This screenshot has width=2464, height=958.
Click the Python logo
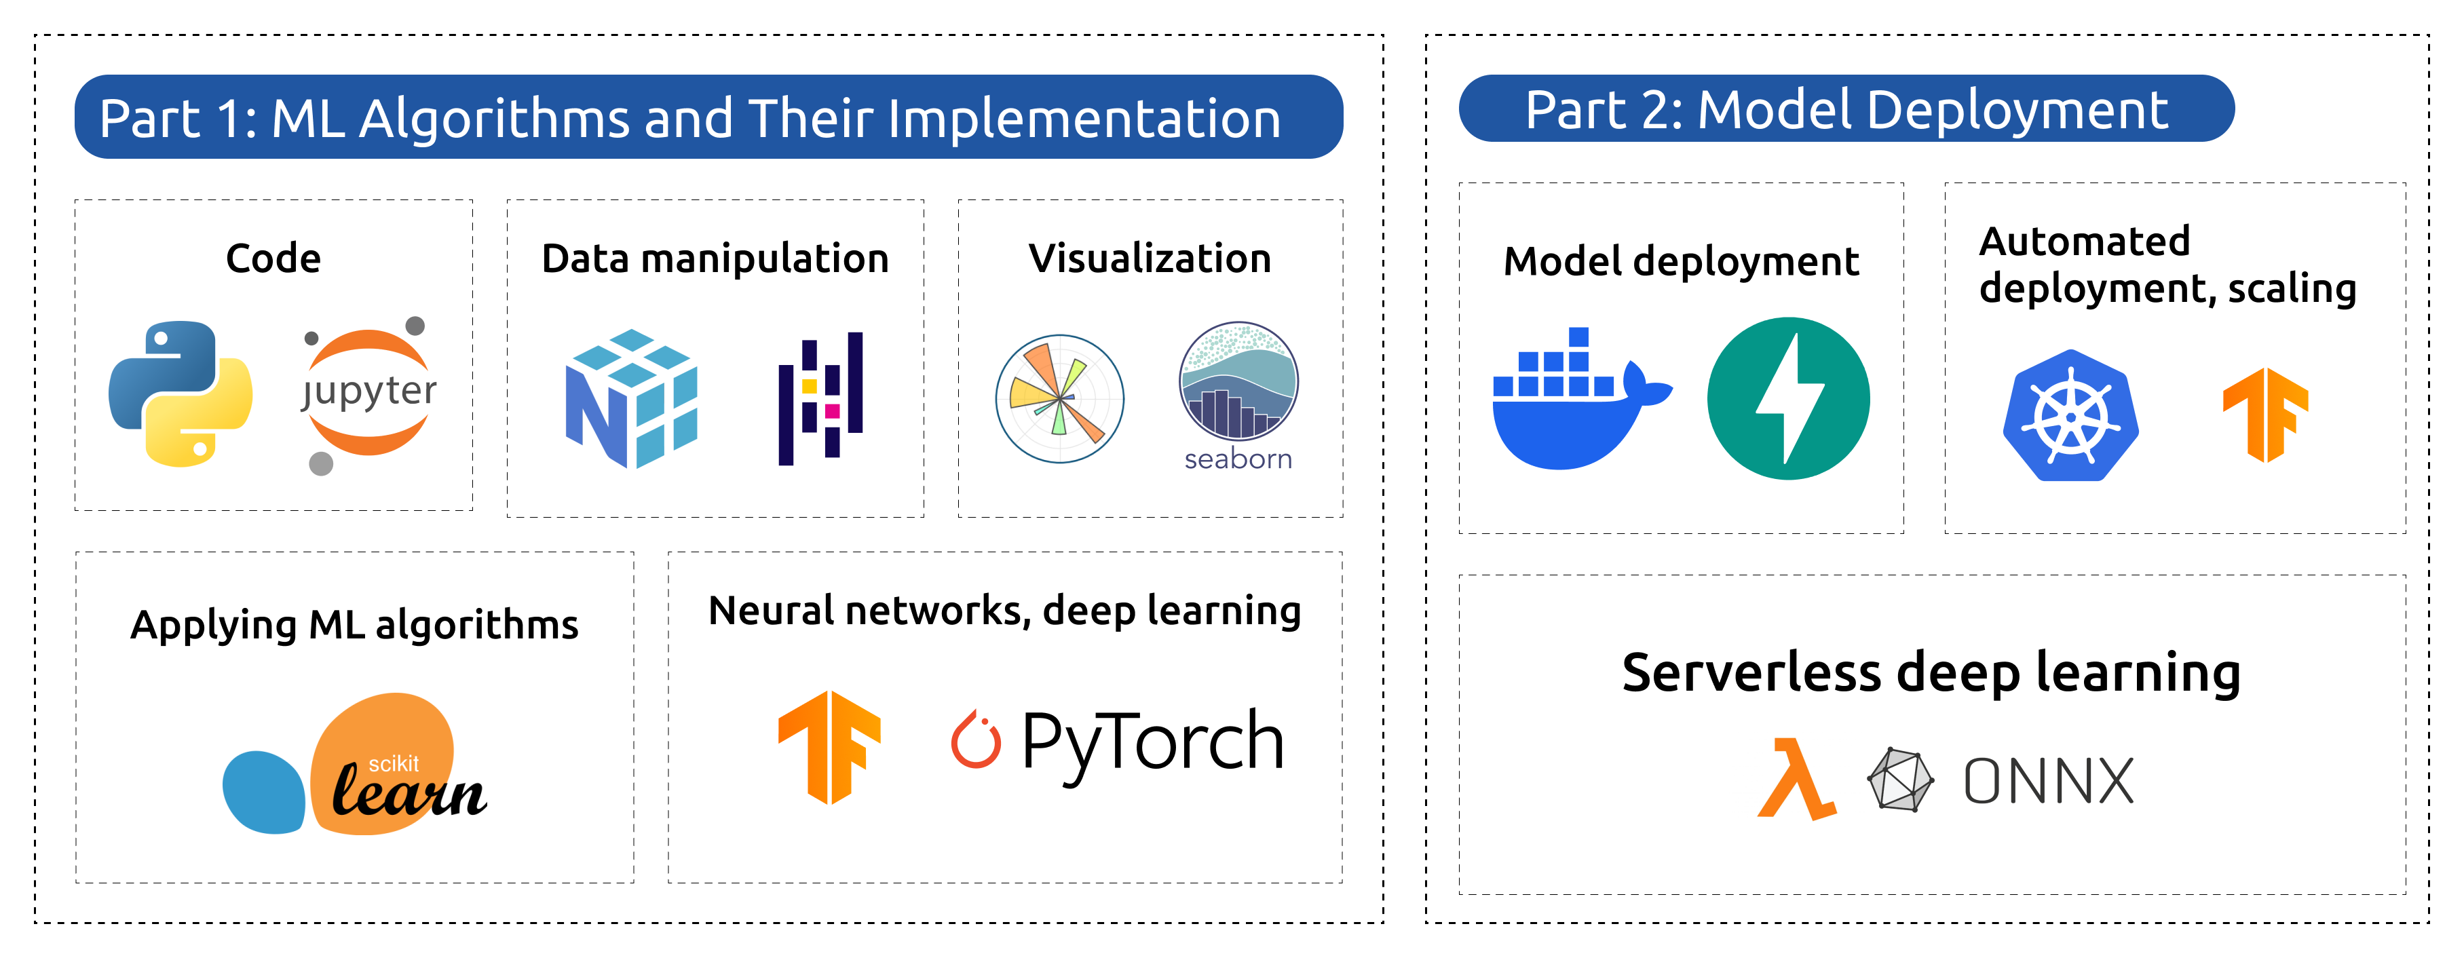tap(180, 394)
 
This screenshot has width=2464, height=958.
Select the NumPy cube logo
tap(631, 399)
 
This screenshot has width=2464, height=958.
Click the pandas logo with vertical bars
tap(820, 399)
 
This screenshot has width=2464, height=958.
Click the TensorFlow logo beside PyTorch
tap(829, 747)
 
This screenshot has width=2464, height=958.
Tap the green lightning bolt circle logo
tap(1787, 399)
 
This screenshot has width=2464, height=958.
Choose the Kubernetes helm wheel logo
tap(2071, 416)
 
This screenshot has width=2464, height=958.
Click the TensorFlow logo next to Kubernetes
tap(2265, 415)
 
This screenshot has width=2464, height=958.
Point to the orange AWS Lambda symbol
tap(1796, 779)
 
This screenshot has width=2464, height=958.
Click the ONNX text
tap(2048, 781)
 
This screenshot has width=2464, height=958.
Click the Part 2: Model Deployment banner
tap(1845, 109)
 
